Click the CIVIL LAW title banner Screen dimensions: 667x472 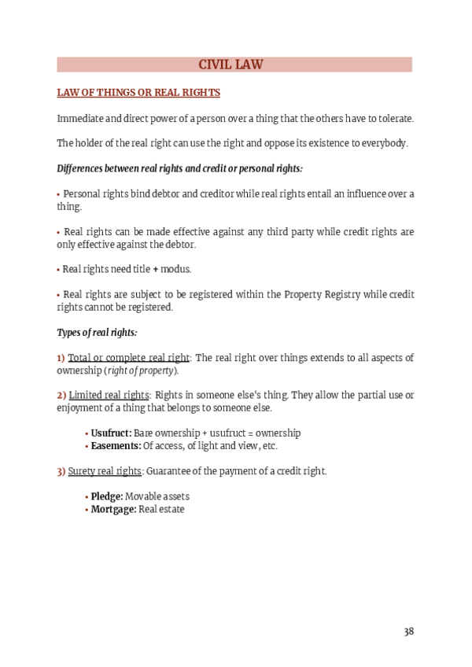pyautogui.click(x=235, y=64)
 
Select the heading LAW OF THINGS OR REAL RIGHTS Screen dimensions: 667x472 pyautogui.click(x=138, y=93)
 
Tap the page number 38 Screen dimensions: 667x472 pyautogui.click(x=408, y=631)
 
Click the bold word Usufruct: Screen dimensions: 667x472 pyautogui.click(x=111, y=433)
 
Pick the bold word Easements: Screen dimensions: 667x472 pyautogui.click(x=116, y=446)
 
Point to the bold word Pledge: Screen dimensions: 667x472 pyautogui.click(x=107, y=497)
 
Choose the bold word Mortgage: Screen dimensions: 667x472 pyautogui.click(x=113, y=510)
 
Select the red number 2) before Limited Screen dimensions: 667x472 pyautogui.click(x=61, y=395)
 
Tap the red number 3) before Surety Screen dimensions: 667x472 pyautogui.click(x=61, y=471)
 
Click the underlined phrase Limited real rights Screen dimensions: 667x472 pyautogui.click(x=109, y=395)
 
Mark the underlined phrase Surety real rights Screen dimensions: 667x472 pyautogui.click(x=105, y=471)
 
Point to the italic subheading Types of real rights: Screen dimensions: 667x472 pyautogui.click(x=98, y=333)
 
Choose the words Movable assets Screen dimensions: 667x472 pyautogui.click(x=157, y=497)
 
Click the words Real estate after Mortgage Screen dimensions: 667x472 pyautogui.click(x=161, y=510)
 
